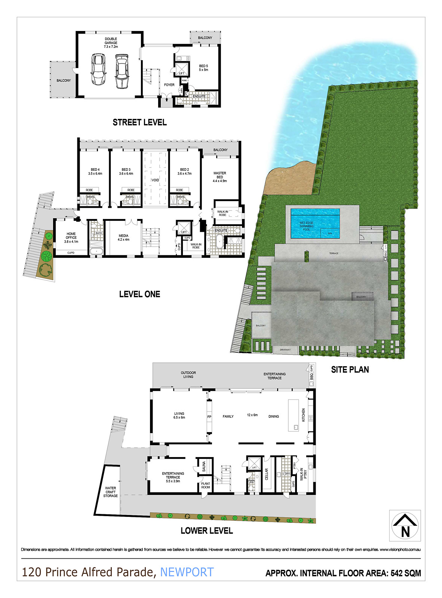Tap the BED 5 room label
(x=203, y=68)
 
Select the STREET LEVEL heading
(x=139, y=122)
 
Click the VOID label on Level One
(x=155, y=180)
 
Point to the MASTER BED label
(x=220, y=177)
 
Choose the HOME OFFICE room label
(x=71, y=238)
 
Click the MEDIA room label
(x=123, y=238)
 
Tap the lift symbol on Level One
(x=184, y=228)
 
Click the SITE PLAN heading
(x=350, y=370)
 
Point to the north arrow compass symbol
(x=405, y=525)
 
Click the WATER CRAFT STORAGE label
(x=110, y=492)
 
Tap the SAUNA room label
(x=204, y=467)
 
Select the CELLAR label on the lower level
(x=267, y=474)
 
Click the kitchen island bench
(x=293, y=415)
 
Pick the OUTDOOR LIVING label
(x=188, y=374)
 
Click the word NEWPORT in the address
(x=187, y=572)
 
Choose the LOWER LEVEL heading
(x=206, y=531)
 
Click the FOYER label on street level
(x=169, y=85)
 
